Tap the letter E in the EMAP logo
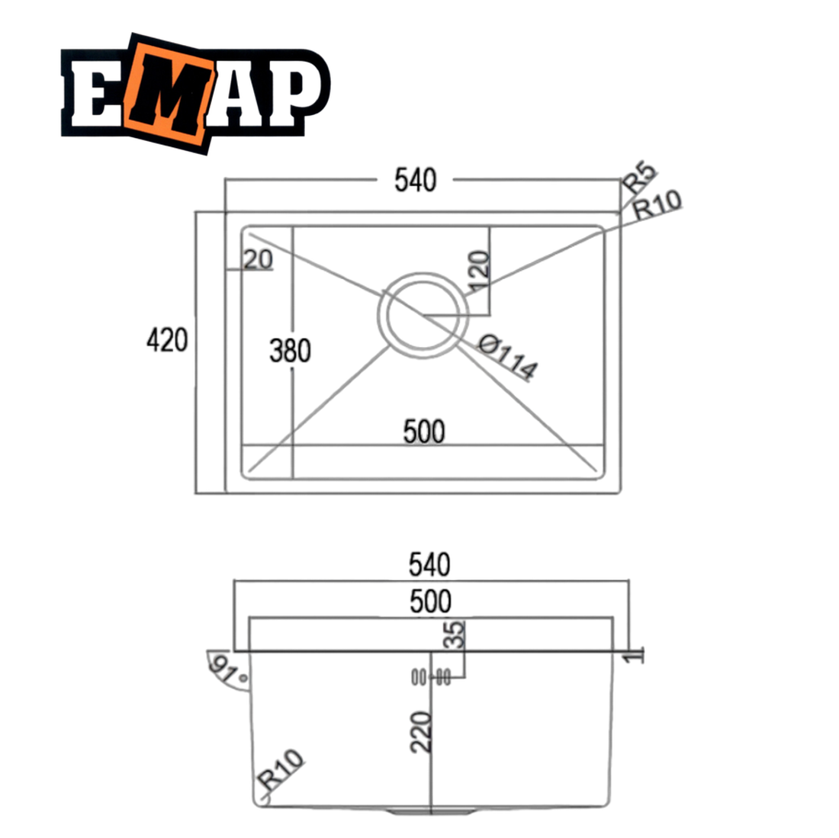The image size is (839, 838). (x=95, y=93)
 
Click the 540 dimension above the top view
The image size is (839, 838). (x=415, y=180)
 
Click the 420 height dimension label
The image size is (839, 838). (x=167, y=340)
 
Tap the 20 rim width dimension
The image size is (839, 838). (x=258, y=260)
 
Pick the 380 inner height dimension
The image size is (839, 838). (x=290, y=351)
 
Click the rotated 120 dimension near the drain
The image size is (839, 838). (x=478, y=271)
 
